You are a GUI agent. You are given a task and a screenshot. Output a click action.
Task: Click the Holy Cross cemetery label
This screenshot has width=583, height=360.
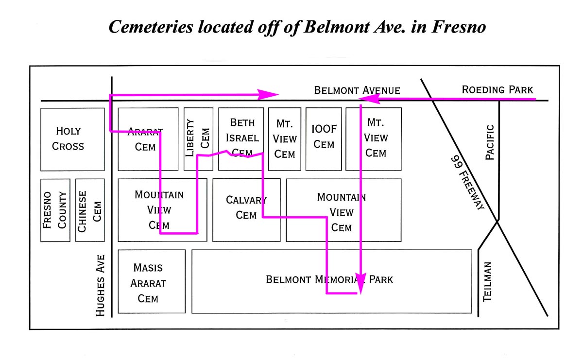[69, 138]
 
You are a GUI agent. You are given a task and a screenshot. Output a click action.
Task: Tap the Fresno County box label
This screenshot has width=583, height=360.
[55, 210]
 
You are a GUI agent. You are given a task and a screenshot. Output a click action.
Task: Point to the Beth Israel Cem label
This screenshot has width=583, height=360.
[241, 138]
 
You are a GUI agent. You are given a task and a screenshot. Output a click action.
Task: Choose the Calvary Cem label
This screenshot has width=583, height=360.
[246, 207]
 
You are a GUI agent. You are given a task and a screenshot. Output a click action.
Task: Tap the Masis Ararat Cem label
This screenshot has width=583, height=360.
[148, 283]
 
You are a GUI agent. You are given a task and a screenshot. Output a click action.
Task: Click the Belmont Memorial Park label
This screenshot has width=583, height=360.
[329, 280]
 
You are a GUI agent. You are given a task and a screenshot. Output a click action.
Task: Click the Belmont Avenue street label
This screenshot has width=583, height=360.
[357, 90]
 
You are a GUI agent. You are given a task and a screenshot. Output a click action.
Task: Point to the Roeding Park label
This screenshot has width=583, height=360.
[497, 89]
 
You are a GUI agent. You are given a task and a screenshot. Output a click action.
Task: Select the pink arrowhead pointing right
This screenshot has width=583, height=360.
[268, 94]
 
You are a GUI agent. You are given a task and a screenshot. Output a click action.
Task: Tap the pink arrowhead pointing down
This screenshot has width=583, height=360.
[360, 289]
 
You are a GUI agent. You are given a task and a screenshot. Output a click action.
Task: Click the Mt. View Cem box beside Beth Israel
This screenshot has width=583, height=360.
[285, 139]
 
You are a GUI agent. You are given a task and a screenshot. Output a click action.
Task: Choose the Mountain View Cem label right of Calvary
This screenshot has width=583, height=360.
[341, 212]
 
